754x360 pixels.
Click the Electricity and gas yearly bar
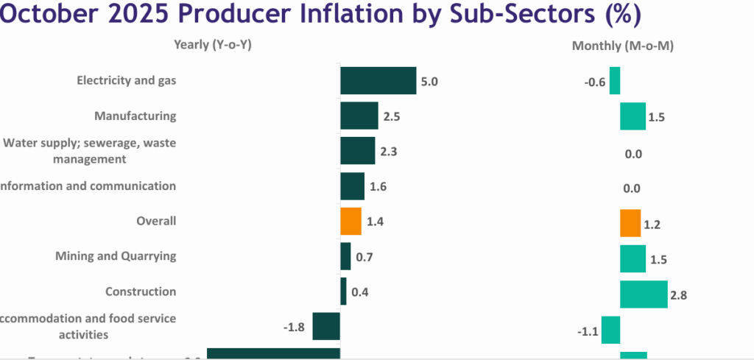tap(378, 81)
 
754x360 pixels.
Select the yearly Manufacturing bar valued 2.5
tap(359, 116)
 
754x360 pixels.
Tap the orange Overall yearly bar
tap(350, 222)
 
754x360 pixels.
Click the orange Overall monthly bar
tap(630, 223)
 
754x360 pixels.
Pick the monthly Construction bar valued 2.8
tap(644, 294)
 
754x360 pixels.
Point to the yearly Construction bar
tap(343, 292)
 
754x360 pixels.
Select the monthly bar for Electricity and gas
tap(615, 81)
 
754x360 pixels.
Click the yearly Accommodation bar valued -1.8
tap(326, 326)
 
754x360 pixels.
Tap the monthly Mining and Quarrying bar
tap(633, 259)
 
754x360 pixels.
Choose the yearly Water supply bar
tap(358, 151)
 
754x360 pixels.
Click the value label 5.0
tap(429, 82)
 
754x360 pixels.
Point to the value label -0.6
tap(594, 82)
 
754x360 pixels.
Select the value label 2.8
tap(678, 295)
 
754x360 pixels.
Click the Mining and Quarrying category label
tap(116, 256)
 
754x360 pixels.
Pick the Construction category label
tap(141, 292)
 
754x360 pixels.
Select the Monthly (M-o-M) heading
tap(623, 46)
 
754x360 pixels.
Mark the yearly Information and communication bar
tap(352, 186)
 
